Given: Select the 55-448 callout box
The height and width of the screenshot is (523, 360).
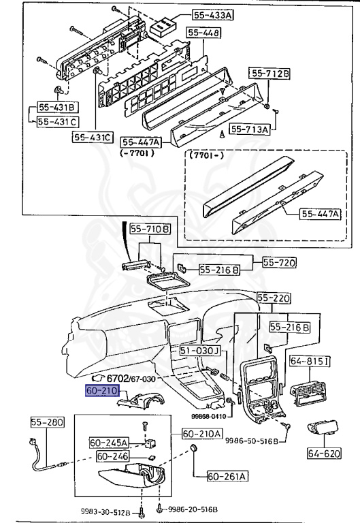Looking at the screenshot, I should [203, 33].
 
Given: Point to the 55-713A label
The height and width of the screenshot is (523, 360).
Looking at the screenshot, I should [250, 128].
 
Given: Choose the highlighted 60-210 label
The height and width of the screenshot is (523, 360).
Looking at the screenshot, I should [102, 392].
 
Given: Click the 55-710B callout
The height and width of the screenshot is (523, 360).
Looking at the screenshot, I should [150, 230].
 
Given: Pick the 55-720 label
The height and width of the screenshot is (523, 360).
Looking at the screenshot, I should [272, 261].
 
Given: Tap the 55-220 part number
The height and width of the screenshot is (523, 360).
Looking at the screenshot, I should [274, 298].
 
